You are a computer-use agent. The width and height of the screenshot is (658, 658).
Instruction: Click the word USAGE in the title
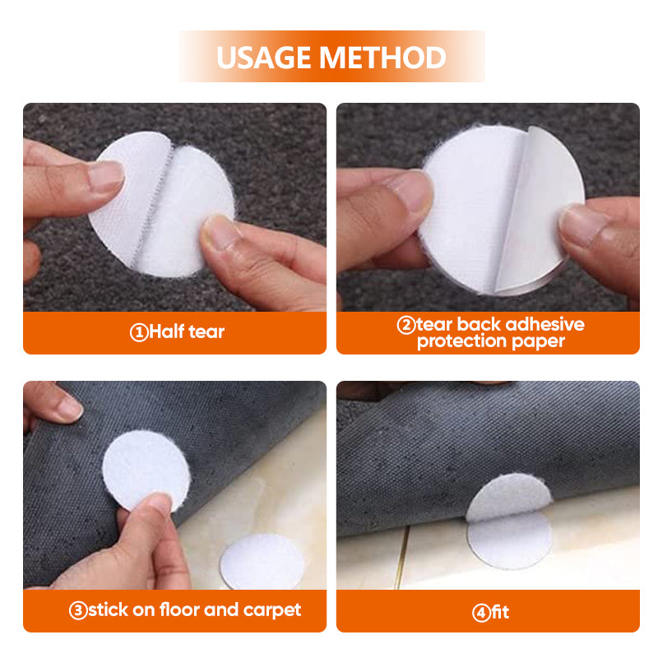[265, 58]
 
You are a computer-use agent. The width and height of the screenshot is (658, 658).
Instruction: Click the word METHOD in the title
[383, 58]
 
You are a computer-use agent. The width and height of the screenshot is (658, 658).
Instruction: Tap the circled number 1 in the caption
[139, 333]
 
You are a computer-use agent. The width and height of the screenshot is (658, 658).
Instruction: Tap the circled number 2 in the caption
[405, 325]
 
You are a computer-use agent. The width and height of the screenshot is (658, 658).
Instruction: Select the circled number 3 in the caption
[78, 610]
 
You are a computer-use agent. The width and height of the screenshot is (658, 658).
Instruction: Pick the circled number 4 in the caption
[481, 613]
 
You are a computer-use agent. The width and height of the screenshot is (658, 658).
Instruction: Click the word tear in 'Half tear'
[206, 332]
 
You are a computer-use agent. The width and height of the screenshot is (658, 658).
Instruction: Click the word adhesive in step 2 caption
[544, 324]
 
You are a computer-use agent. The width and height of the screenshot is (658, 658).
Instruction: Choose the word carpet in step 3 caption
[272, 610]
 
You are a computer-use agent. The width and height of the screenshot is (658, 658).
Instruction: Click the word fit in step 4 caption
[500, 613]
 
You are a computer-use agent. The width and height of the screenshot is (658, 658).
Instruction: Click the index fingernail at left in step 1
[107, 175]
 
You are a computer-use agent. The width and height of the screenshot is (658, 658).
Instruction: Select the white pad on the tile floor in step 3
[262, 561]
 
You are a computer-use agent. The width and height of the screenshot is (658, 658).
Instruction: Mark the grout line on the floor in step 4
[401, 558]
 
